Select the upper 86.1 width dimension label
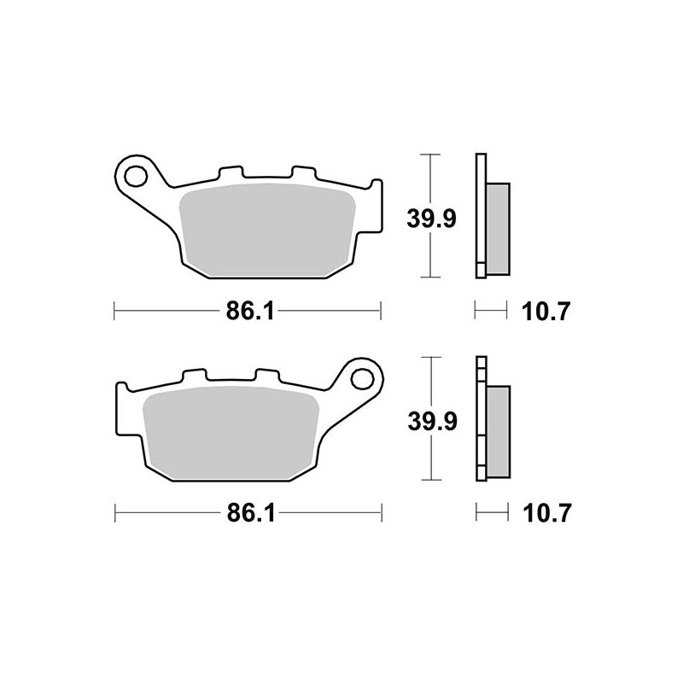coord(248,312)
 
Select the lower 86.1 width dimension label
coord(248,513)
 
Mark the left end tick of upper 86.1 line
coord(114,312)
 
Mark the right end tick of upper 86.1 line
coord(381,312)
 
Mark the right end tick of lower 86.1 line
coord(381,513)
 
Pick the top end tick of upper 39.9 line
coord(433,155)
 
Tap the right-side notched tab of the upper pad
coord(372,207)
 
